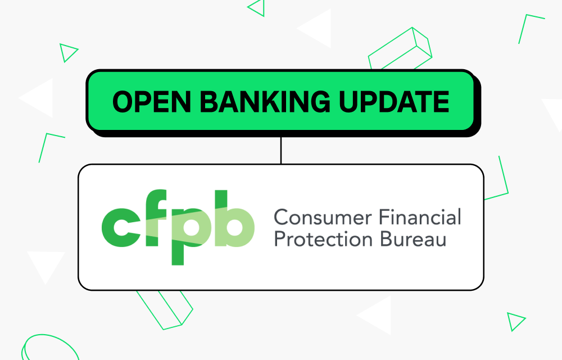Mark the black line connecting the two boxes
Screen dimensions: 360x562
(x=280, y=150)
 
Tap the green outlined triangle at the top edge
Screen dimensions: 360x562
(x=257, y=7)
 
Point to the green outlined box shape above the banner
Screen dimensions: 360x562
(x=400, y=51)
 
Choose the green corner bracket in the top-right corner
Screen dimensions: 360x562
(x=529, y=25)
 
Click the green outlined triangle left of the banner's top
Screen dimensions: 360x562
(x=68, y=52)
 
